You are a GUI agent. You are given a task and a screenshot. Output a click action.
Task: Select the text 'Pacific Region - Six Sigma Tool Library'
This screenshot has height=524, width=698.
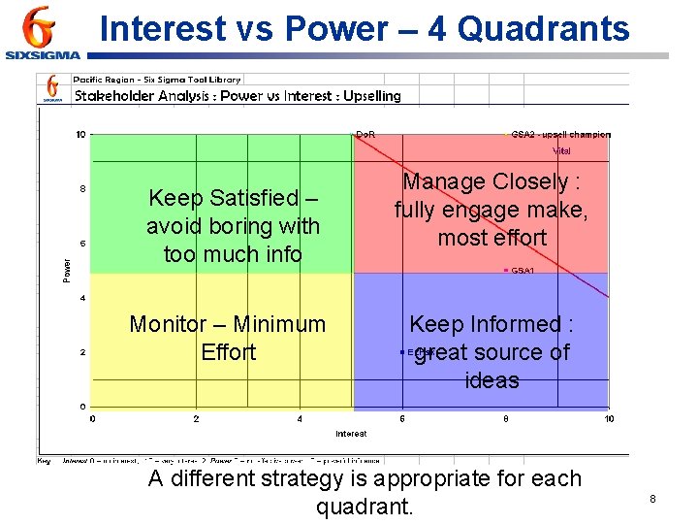[157, 80]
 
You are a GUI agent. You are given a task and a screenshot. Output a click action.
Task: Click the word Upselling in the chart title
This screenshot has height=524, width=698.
[371, 96]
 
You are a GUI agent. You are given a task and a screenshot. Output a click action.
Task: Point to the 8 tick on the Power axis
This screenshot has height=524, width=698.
[81, 189]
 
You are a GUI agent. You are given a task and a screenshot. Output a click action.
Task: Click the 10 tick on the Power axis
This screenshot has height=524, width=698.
[80, 135]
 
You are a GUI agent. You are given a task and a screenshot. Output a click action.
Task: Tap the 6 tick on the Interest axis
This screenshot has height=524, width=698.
[402, 419]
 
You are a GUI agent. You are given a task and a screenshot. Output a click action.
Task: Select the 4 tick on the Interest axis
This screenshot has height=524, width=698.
[300, 419]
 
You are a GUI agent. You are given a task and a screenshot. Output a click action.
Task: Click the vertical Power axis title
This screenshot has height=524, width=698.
[67, 270]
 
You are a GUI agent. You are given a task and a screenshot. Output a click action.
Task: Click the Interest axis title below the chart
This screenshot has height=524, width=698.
[351, 433]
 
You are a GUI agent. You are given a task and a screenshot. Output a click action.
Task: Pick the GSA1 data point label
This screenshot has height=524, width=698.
[523, 271]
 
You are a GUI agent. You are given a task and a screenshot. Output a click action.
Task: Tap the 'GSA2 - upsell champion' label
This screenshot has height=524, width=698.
[560, 134]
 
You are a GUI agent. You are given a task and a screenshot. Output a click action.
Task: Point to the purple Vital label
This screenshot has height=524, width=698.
[561, 150]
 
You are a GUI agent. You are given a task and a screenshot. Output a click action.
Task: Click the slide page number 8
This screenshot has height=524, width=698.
[652, 499]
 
